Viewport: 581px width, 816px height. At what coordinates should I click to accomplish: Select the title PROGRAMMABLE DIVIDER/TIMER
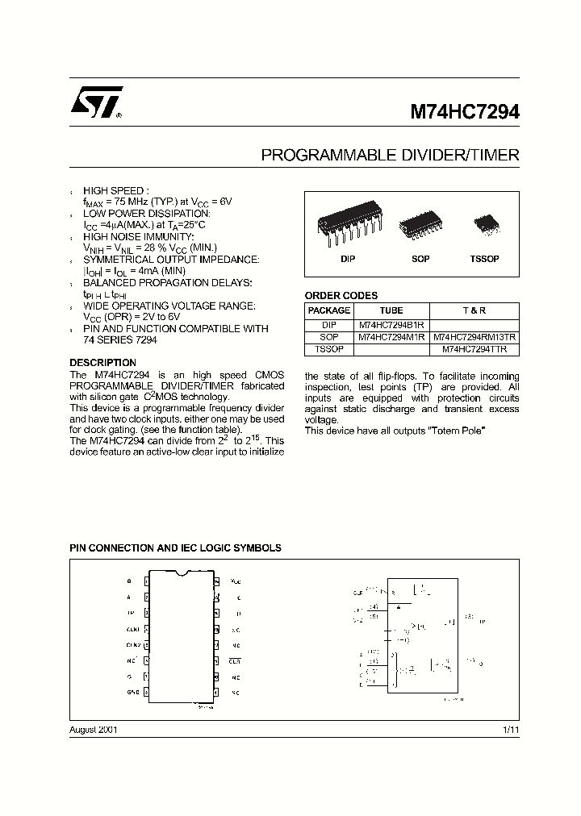(390, 155)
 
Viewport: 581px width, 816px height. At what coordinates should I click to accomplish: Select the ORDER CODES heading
(341, 296)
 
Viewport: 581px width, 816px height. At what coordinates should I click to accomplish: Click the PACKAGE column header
(329, 310)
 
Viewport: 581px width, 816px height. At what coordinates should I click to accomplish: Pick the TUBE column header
(391, 310)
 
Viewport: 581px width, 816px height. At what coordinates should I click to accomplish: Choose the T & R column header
(474, 310)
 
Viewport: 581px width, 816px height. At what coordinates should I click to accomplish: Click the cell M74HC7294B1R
(391, 324)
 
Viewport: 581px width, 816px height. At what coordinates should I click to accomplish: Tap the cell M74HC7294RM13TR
(474, 337)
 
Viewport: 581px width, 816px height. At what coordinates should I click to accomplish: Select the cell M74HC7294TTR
(474, 350)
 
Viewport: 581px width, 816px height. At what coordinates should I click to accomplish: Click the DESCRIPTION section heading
(102, 363)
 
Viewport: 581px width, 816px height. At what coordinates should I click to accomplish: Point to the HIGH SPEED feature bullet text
(116, 190)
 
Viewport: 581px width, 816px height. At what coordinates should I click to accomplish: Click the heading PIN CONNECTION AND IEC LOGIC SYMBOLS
(175, 547)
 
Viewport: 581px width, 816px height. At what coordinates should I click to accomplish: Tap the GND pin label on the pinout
(132, 692)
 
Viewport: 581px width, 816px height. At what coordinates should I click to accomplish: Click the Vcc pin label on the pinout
(236, 581)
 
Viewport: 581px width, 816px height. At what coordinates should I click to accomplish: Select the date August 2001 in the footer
(94, 730)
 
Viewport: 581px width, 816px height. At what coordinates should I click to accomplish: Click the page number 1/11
(510, 730)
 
